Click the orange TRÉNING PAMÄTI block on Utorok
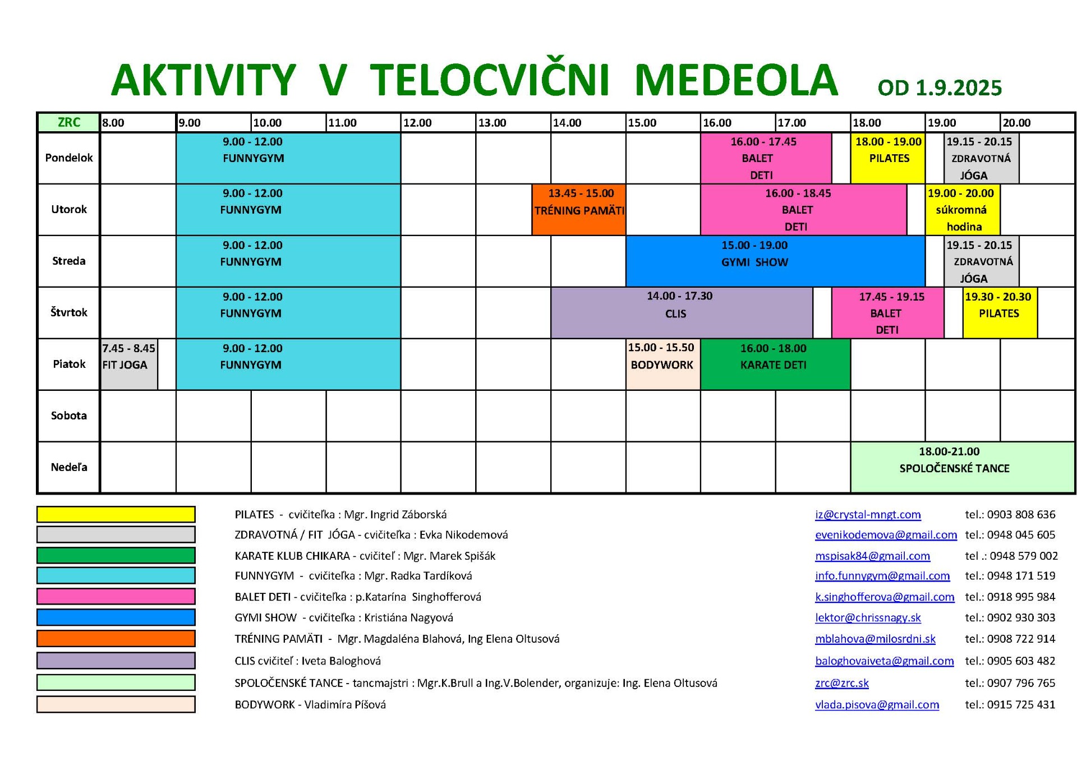coord(579,209)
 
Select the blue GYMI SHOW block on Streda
coord(775,261)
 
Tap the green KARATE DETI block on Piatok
coord(776,364)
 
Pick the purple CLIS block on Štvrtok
coord(682,312)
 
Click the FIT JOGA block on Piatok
coord(129,364)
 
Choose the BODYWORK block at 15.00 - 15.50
coord(663,364)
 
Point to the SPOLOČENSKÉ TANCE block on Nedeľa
coord(963,467)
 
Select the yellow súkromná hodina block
coord(963,209)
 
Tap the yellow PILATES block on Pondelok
coord(888,158)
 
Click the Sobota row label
coord(69,416)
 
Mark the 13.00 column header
coord(492,123)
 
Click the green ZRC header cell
coord(69,122)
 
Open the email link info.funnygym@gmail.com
coord(882,576)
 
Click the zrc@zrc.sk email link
coord(842,683)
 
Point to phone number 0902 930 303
coord(1021,617)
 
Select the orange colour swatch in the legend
coord(116,638)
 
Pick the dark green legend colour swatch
coord(116,555)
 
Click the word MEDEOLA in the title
coord(737,80)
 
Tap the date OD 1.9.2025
coord(940,87)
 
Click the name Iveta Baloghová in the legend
coord(341,661)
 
